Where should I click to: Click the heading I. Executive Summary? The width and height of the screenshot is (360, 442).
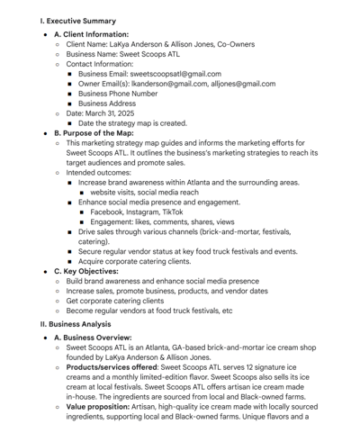(x=77, y=21)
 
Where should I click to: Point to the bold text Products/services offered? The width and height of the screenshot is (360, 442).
(x=109, y=367)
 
